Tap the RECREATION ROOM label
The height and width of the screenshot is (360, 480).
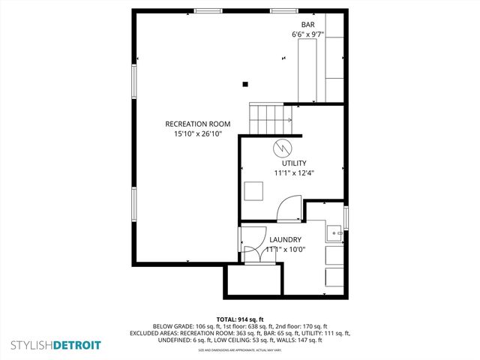point(198,124)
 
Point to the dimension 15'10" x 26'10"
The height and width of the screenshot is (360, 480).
point(198,133)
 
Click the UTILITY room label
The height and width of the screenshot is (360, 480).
point(294,163)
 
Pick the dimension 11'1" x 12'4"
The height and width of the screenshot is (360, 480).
point(294,172)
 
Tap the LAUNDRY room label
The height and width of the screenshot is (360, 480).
point(286,239)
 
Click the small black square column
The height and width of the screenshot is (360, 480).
point(245,84)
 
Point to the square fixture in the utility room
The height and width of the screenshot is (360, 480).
point(253,191)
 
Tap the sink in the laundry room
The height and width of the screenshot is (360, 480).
point(334,233)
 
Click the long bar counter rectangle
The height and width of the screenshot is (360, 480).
point(308,71)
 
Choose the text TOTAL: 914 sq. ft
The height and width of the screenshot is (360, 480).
point(240,319)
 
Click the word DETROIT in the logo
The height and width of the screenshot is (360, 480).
point(74,346)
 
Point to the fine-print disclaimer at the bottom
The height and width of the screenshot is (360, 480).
point(240,350)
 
